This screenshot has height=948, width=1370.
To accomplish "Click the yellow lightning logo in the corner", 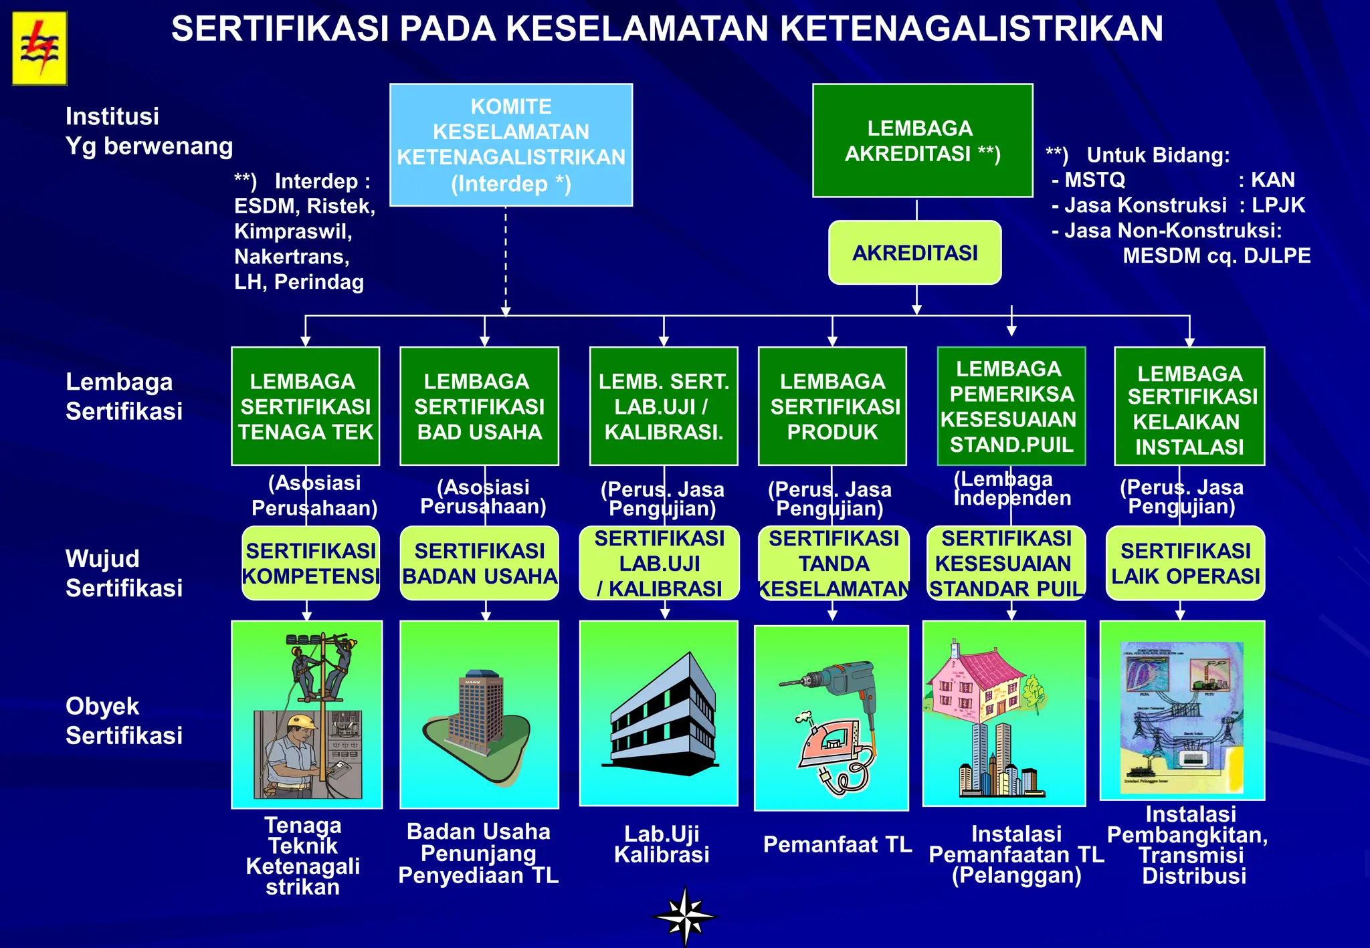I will tap(39, 49).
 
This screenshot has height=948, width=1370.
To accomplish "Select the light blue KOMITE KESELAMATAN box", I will tap(511, 144).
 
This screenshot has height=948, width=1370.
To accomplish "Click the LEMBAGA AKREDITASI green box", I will tap(922, 140).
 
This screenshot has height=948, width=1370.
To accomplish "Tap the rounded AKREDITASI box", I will tap(914, 253).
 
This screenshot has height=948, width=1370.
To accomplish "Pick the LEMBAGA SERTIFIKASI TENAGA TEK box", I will tap(306, 406).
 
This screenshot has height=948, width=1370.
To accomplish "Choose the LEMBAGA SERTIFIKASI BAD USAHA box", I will tap(479, 406).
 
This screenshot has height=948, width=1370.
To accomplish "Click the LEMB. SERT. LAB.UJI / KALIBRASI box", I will tap(664, 406).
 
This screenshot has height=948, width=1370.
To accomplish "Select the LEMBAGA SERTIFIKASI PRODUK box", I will tap(832, 406).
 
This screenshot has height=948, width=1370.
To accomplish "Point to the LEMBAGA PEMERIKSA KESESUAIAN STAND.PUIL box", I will tap(1011, 406).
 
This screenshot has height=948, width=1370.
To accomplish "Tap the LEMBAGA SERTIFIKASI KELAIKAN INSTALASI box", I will tap(1189, 406).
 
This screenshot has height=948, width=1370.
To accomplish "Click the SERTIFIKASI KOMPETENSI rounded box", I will tap(311, 563).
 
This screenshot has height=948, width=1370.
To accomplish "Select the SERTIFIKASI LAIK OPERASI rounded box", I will tap(1185, 563).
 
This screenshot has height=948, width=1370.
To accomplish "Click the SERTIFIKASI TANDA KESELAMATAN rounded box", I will tap(834, 563).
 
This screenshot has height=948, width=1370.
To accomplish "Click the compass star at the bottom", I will tap(685, 916).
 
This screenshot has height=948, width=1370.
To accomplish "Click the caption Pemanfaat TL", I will tap(838, 844).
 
